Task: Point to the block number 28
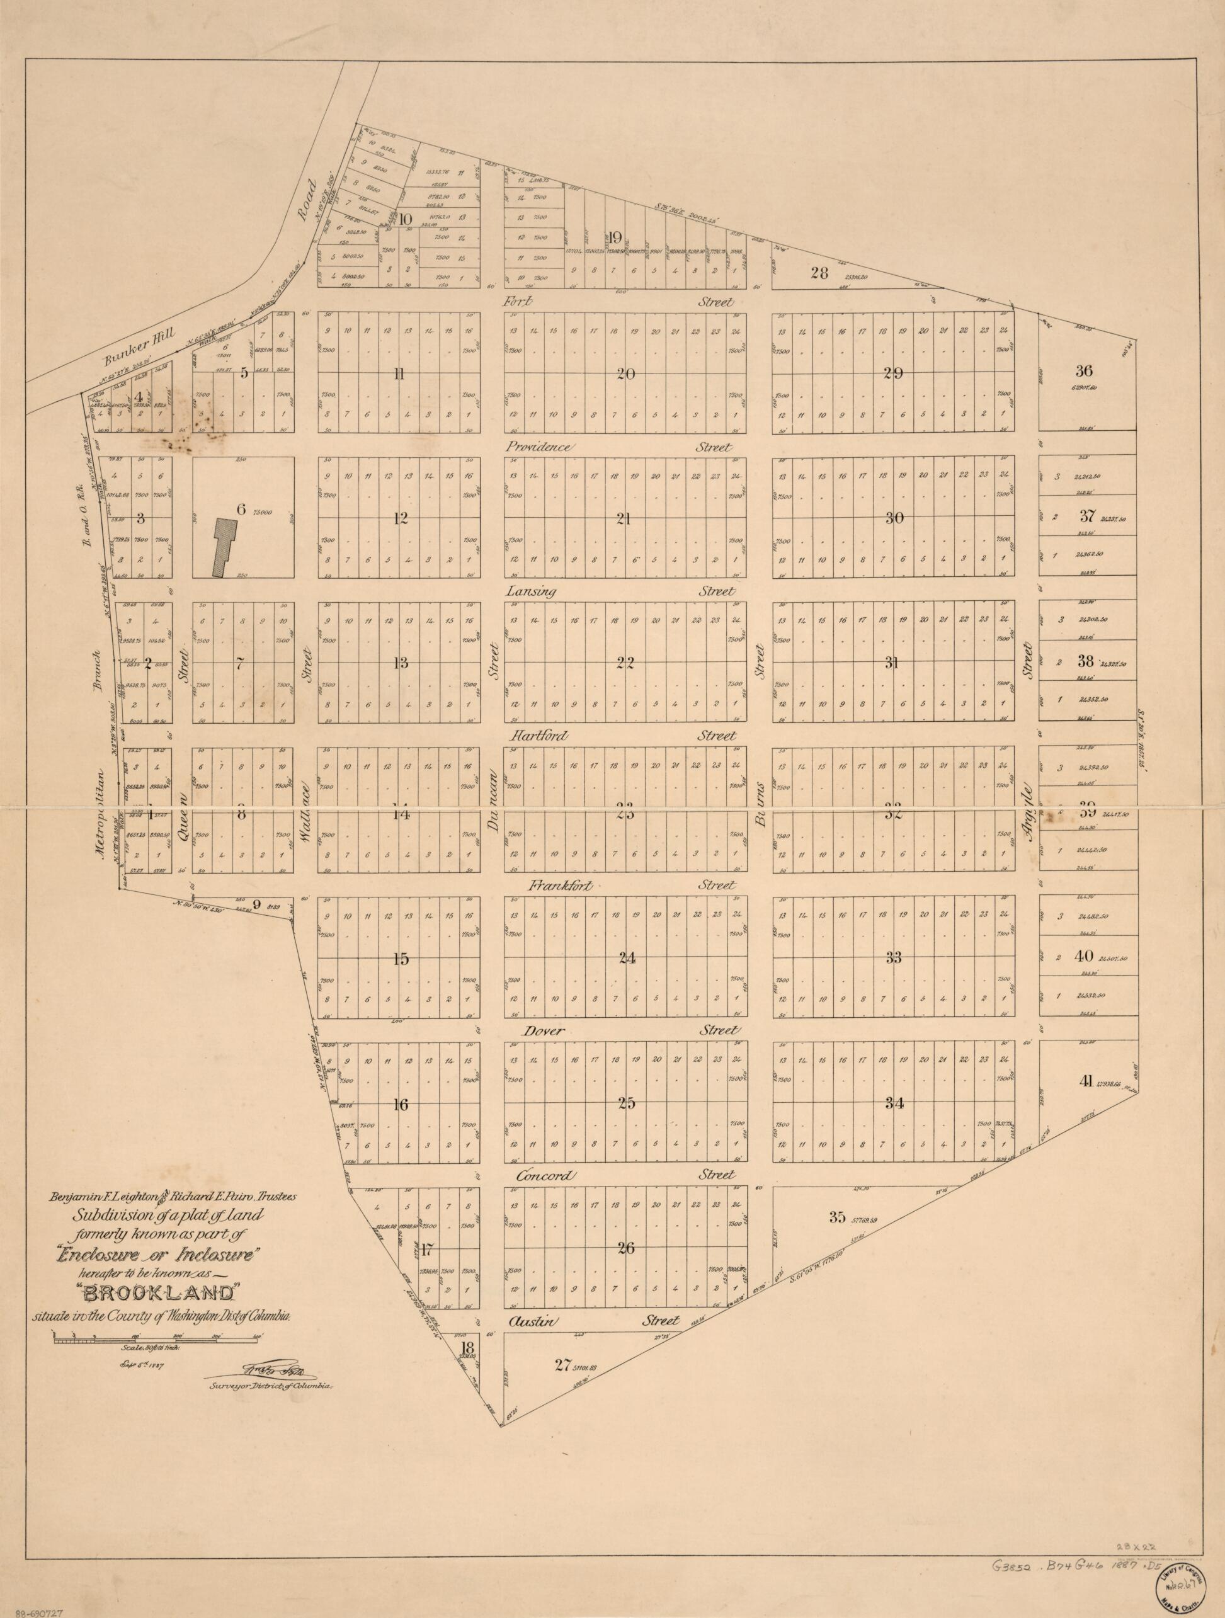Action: [819, 273]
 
